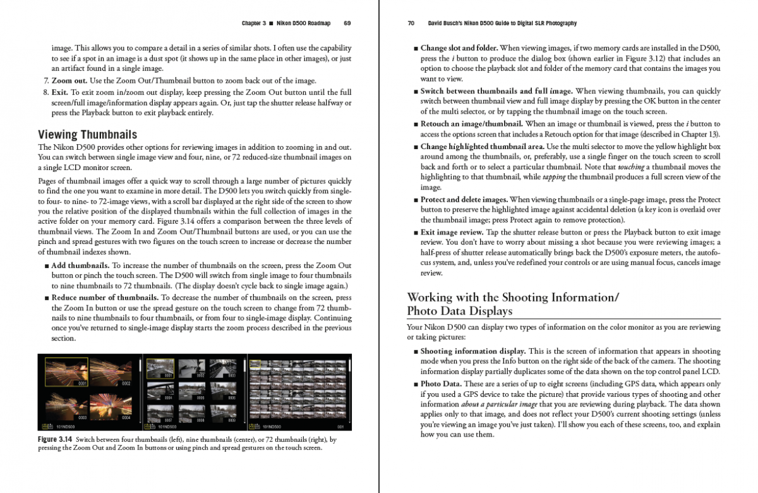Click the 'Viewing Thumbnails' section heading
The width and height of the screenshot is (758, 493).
pos(87,135)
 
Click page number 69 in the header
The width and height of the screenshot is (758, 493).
pos(347,23)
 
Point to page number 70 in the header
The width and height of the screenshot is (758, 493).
pos(411,23)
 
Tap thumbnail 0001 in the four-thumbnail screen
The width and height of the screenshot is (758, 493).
pos(66,372)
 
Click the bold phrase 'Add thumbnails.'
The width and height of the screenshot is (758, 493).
pos(80,265)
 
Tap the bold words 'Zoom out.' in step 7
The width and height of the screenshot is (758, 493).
pos(69,81)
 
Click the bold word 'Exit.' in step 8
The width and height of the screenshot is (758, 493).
pos(61,92)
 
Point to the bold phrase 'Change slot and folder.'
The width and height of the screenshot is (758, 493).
pos(459,48)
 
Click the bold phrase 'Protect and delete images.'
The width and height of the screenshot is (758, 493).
pos(464,200)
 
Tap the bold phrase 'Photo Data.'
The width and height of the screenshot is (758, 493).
pos(441,384)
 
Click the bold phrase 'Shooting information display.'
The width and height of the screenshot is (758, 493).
pos(473,351)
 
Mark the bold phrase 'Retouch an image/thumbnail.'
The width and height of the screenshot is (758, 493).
pos(471,124)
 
